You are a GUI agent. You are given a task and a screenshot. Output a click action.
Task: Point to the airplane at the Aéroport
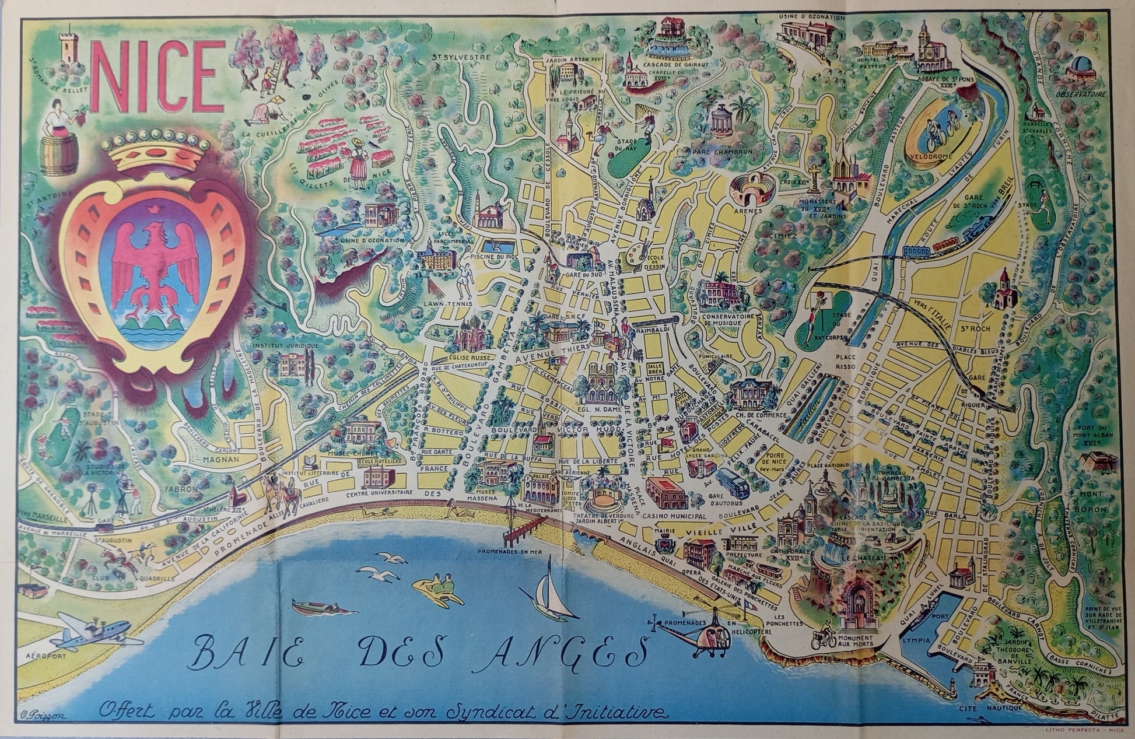[96, 635]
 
